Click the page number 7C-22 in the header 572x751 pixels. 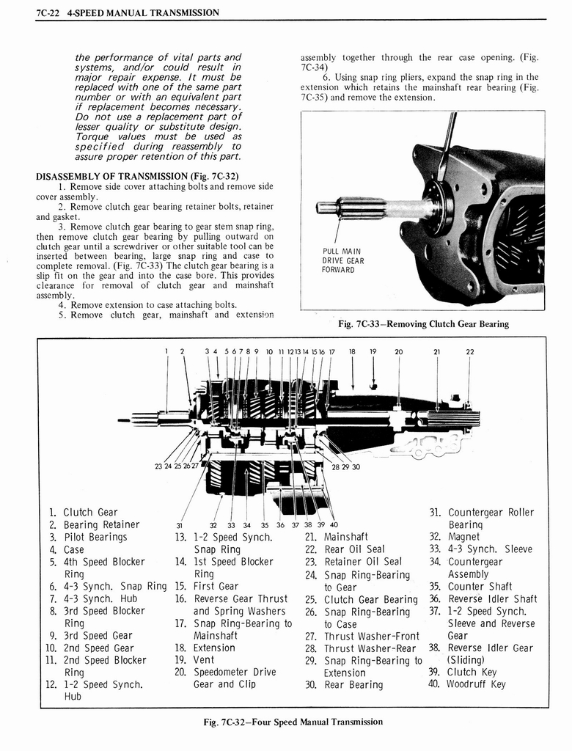[48, 12]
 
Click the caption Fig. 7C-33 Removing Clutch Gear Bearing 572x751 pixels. [423, 323]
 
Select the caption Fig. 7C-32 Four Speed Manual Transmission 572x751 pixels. [293, 722]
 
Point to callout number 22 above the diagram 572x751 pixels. [470, 351]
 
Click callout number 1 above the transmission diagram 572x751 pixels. [166, 351]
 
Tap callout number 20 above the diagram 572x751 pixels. [398, 351]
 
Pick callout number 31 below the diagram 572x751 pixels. [179, 524]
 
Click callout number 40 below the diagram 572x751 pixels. [334, 524]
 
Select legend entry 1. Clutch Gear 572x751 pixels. [83, 512]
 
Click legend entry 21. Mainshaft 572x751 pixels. [336, 537]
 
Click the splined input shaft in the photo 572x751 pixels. [351, 208]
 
